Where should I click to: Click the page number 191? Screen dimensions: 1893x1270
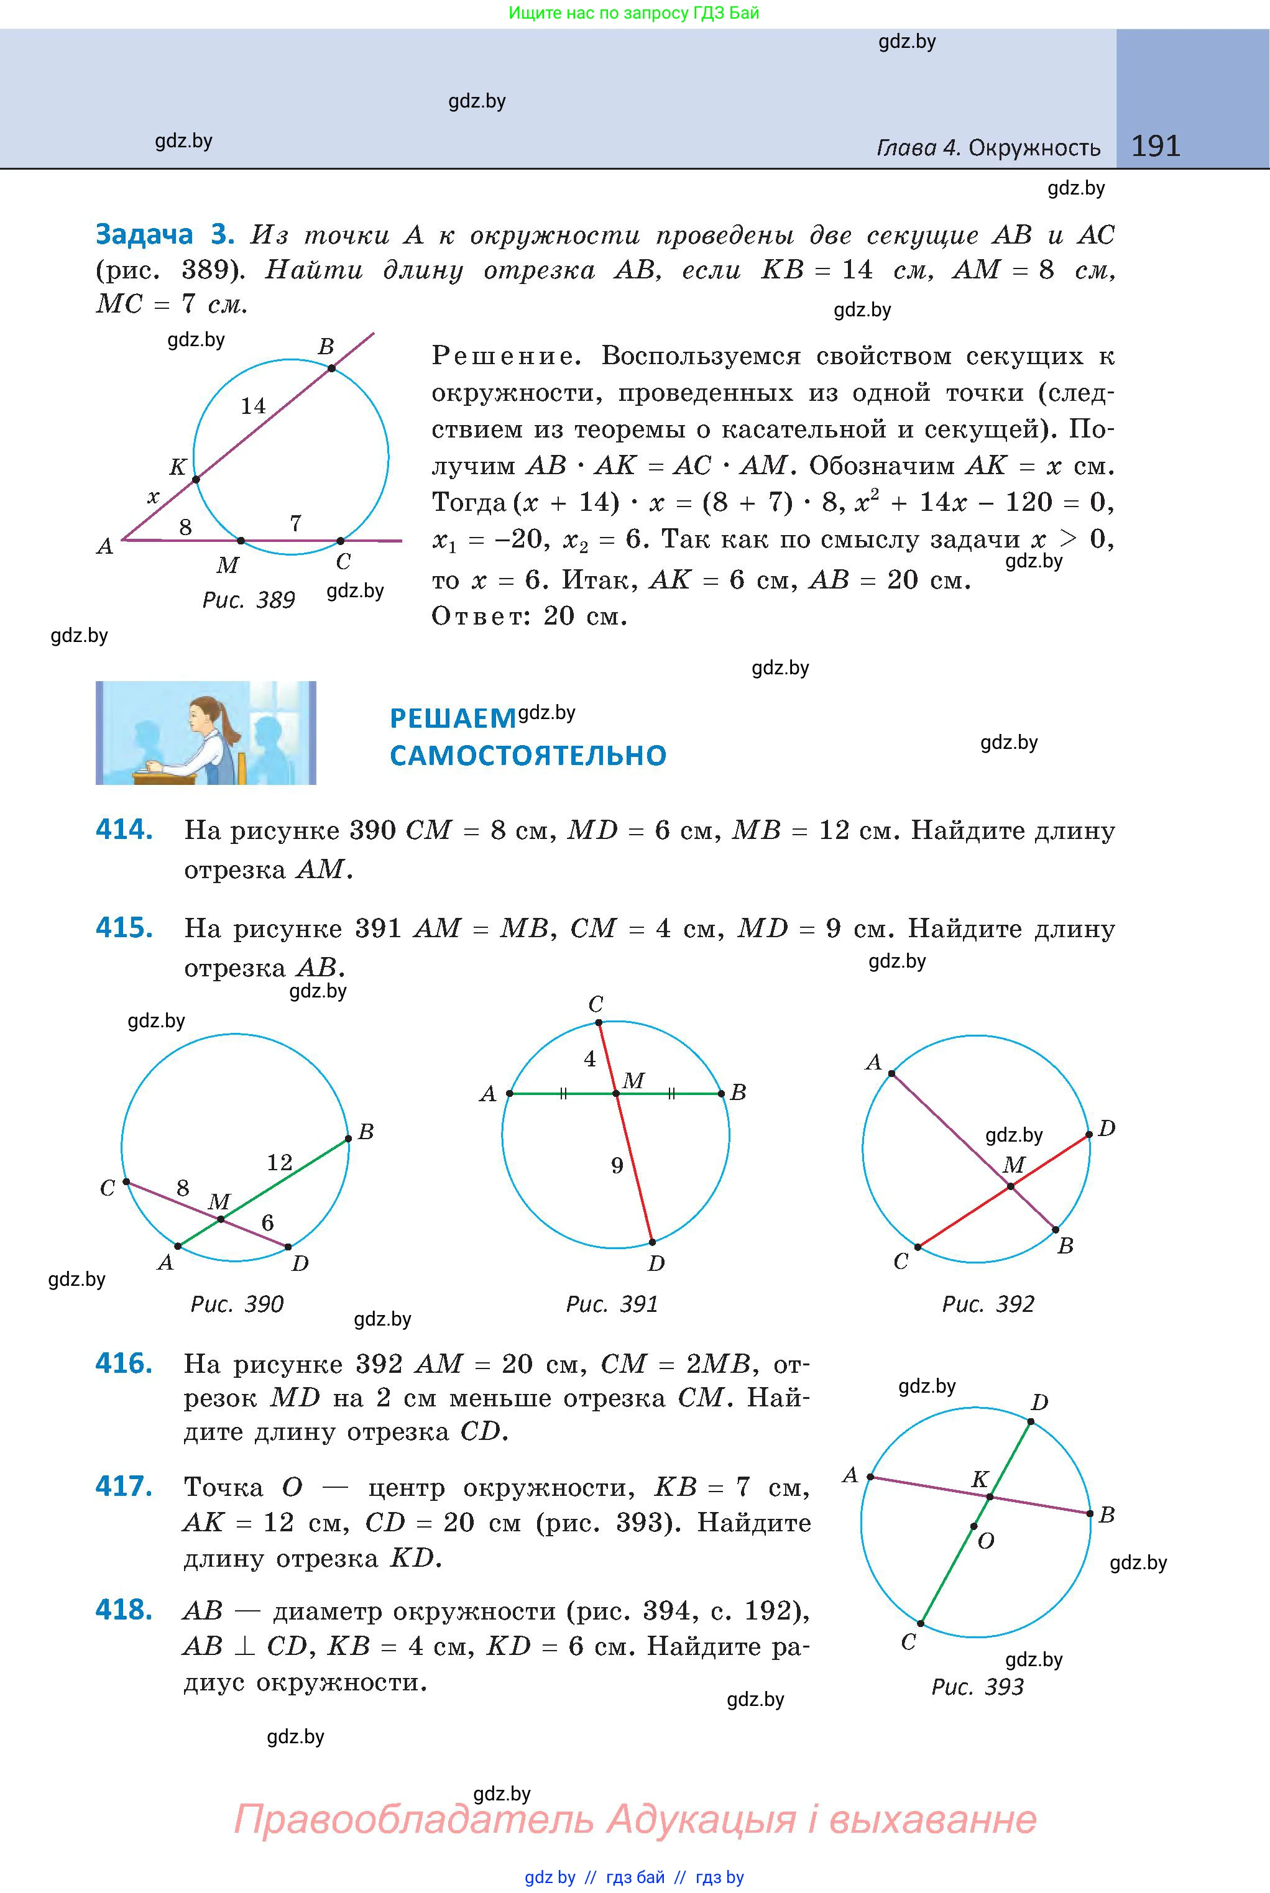(x=1155, y=146)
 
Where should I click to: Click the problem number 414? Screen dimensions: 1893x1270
(x=124, y=830)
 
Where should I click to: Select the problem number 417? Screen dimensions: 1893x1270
(x=124, y=1487)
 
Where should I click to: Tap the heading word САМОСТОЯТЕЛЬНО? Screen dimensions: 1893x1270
(x=528, y=756)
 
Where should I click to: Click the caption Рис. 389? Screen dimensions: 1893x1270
(x=248, y=600)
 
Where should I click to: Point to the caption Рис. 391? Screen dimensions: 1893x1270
(x=612, y=1304)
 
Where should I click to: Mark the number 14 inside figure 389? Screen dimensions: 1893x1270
(x=253, y=406)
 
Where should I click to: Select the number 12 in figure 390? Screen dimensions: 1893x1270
(x=280, y=1163)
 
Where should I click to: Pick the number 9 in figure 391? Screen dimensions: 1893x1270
(x=617, y=1166)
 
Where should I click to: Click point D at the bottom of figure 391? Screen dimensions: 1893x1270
(x=652, y=1241)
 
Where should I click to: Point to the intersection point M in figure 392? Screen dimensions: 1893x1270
(x=1011, y=1187)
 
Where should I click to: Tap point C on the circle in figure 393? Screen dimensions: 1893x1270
(x=921, y=1623)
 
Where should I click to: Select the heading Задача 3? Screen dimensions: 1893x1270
(x=164, y=234)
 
